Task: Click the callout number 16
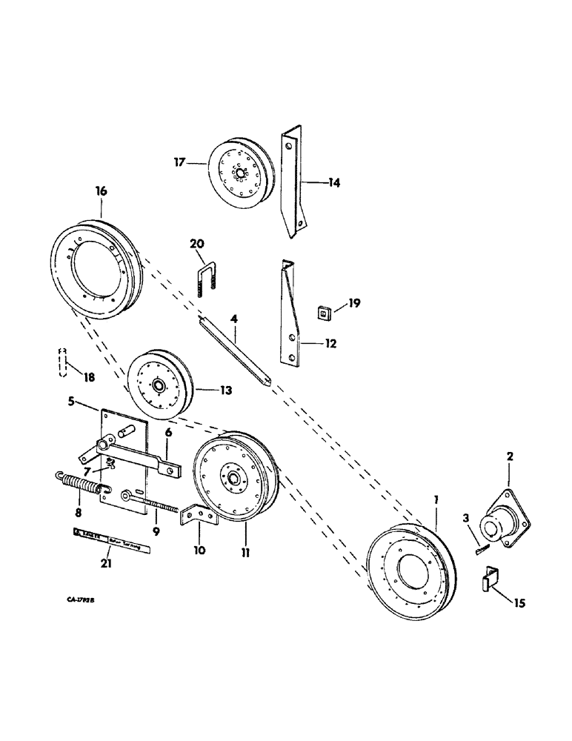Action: (101, 191)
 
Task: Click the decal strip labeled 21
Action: (111, 533)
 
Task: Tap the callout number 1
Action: (436, 501)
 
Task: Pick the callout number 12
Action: (330, 343)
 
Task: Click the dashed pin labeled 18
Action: (64, 363)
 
